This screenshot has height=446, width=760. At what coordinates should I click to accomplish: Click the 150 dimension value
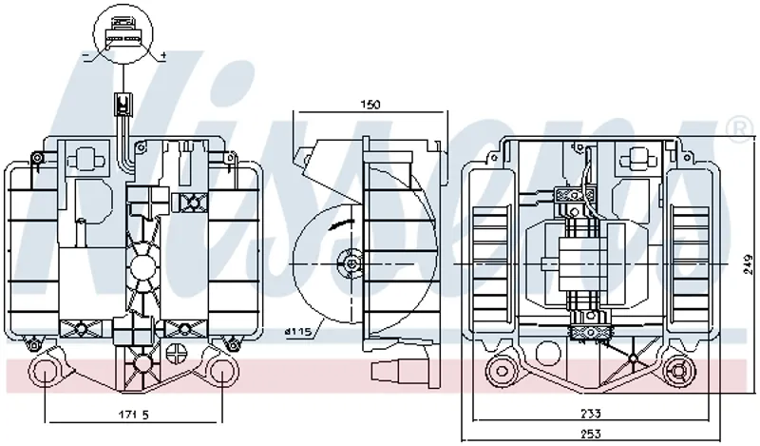[x=370, y=104]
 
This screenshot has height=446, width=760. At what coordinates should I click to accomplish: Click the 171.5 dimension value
[x=134, y=415]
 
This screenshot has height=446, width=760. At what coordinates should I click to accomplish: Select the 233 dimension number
[x=590, y=414]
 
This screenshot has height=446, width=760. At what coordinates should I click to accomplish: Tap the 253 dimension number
[x=590, y=434]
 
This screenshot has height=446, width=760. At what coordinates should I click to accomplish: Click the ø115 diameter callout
[x=297, y=332]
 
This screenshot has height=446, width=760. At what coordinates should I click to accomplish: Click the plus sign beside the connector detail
[x=162, y=56]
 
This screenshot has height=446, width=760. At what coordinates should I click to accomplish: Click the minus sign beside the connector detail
[x=86, y=56]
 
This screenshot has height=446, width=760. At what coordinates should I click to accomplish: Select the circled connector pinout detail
[x=123, y=34]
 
